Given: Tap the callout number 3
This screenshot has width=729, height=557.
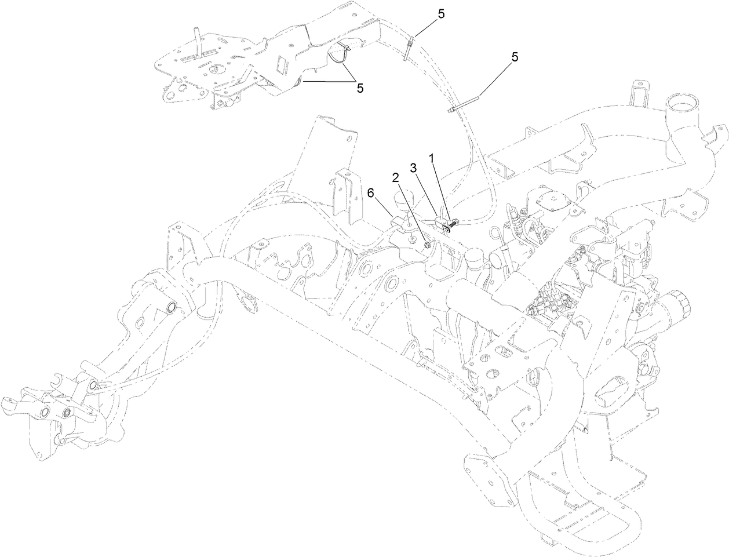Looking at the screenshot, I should (x=414, y=169).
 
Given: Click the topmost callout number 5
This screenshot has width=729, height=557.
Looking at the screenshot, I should (x=442, y=15).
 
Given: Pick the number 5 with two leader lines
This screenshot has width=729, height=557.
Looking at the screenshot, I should (x=360, y=88).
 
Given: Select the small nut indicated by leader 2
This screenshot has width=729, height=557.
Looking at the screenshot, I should (x=427, y=246).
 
